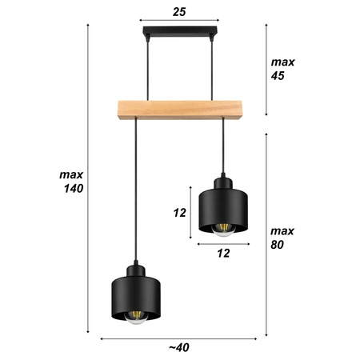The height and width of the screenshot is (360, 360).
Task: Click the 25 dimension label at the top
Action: [179, 11]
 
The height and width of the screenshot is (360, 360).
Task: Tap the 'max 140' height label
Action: [72, 182]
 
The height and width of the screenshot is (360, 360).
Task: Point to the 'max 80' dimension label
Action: [282, 238]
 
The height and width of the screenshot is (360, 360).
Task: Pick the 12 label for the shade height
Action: [179, 213]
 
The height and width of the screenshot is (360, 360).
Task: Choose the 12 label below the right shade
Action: [223, 254]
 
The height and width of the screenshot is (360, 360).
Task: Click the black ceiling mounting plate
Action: [179, 33]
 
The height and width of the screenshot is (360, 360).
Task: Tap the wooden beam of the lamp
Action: [179, 106]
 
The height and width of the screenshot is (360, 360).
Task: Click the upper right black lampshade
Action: [223, 211]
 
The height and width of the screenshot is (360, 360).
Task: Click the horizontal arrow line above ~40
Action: [179, 338]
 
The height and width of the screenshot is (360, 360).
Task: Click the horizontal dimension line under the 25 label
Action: [179, 21]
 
